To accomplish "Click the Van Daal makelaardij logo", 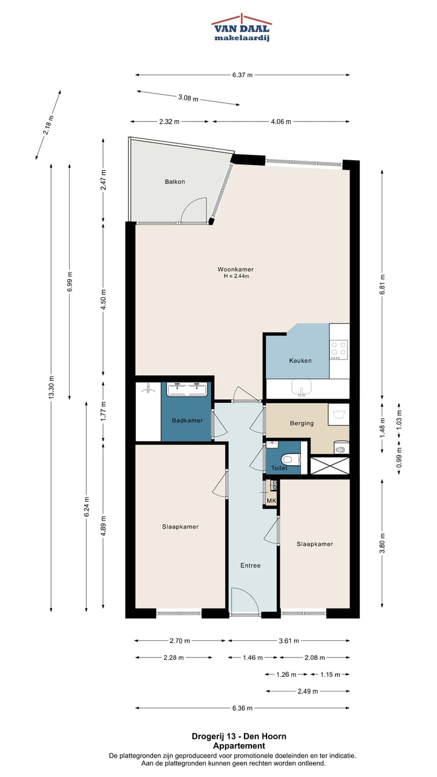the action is [242, 28].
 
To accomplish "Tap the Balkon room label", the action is [175, 182].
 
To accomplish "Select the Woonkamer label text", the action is [235, 269].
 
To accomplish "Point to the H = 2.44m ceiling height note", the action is [237, 276].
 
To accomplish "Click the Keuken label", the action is [300, 361].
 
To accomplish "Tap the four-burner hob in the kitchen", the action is [339, 350].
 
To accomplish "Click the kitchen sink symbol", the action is [302, 387].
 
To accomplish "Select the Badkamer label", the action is [188, 421].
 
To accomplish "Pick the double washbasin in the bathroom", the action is [188, 389].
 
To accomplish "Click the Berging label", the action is [302, 423].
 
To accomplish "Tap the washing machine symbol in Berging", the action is [339, 414].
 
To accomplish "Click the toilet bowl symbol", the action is [290, 460].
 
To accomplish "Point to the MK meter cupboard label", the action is [271, 501].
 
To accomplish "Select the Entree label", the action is [251, 565].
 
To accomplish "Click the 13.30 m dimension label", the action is [52, 387].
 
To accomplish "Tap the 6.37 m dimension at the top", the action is [242, 75].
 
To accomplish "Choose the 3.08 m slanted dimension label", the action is [188, 98].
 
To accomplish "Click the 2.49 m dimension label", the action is [308, 691].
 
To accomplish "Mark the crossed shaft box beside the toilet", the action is [330, 466].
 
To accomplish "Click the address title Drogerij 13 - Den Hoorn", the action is [239, 736].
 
